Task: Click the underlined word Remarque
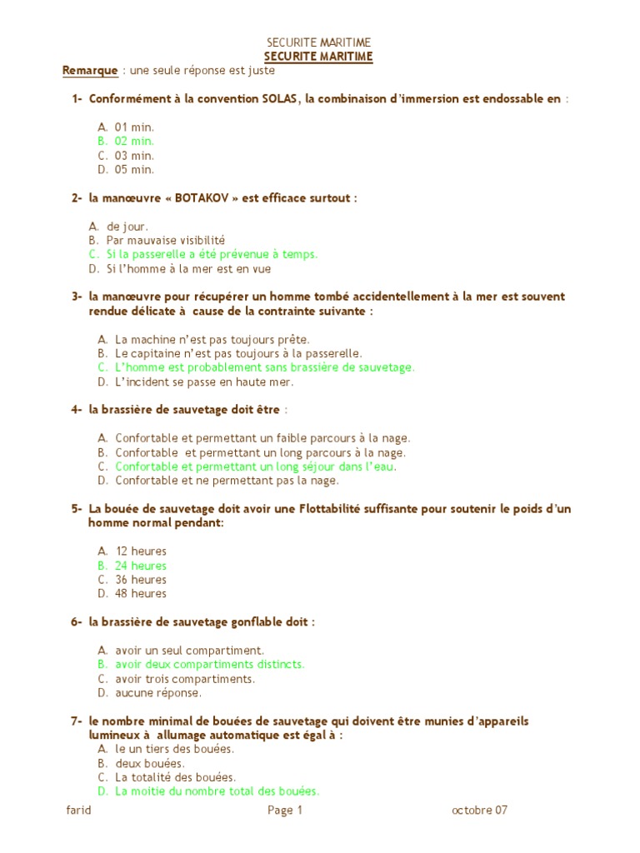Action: (89, 71)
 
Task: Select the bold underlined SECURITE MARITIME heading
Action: (318, 57)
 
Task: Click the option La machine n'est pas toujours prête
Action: (212, 340)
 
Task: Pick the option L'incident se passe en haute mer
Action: (204, 382)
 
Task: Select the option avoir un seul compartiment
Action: (189, 651)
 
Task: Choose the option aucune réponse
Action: (158, 693)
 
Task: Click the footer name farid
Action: (78, 811)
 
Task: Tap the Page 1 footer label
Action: (285, 811)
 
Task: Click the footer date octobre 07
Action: (479, 811)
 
